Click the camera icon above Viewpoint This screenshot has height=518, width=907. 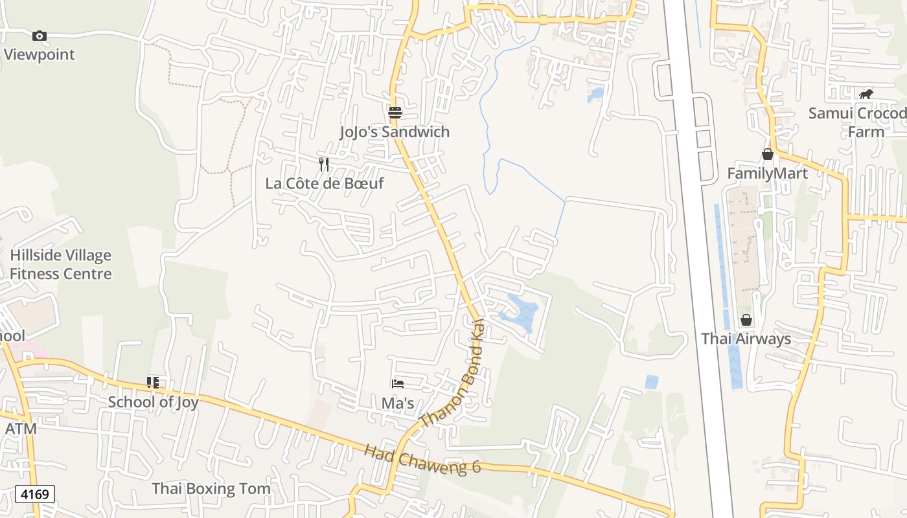point(40,36)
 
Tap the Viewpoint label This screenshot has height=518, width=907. point(40,54)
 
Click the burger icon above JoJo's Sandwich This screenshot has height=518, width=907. point(395,113)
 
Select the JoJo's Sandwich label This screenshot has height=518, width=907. point(395,132)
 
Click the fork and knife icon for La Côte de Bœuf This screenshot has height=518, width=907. point(324,164)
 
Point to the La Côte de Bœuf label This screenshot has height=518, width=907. point(325,183)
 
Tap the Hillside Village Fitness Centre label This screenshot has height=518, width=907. point(61,264)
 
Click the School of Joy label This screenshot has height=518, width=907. point(153,401)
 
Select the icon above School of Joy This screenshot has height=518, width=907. point(153,383)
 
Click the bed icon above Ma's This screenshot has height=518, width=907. point(398,384)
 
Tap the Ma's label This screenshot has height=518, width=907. point(398,403)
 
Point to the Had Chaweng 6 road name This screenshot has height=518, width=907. point(422,458)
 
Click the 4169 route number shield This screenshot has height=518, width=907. point(35,495)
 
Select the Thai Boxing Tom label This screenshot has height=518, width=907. point(211,488)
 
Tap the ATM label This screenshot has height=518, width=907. point(21,429)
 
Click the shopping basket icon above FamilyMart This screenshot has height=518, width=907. point(768,154)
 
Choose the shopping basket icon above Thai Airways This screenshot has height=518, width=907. point(746,320)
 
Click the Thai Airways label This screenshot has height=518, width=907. point(746,339)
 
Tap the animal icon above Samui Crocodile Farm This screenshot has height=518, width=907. point(866,95)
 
